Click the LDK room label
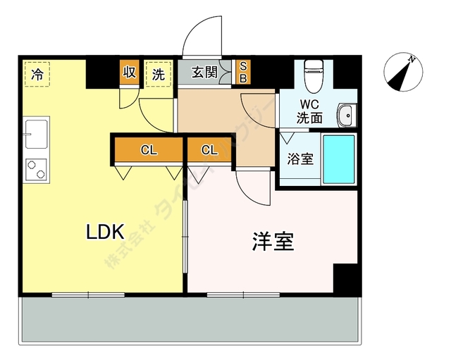click(x=106, y=231)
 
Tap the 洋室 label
click(x=273, y=242)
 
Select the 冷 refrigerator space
click(x=37, y=73)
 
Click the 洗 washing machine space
click(x=159, y=73)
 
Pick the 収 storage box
click(x=130, y=73)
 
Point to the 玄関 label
click(x=204, y=73)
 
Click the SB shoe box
click(x=242, y=73)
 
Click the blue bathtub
click(x=338, y=159)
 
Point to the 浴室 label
click(x=300, y=159)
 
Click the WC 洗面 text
click(x=309, y=112)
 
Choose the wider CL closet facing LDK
click(x=148, y=149)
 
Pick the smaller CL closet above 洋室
click(x=209, y=149)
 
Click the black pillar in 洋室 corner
click(x=347, y=279)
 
